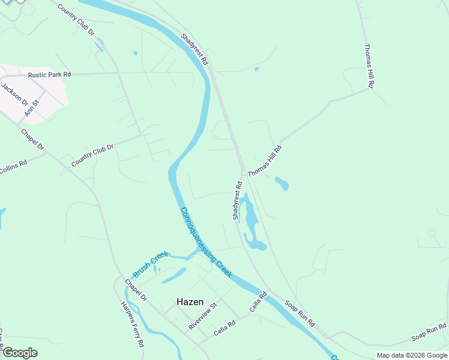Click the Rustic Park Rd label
[49, 74]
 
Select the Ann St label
[32, 108]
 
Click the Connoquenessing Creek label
[206, 242]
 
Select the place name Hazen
[190, 302]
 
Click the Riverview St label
[202, 316]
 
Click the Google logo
[19, 352]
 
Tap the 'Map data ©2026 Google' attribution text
[412, 355]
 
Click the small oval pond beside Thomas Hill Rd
[282, 183]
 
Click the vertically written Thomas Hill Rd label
[369, 66]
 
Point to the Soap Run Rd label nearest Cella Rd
[300, 313]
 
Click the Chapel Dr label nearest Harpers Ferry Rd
[136, 290]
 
